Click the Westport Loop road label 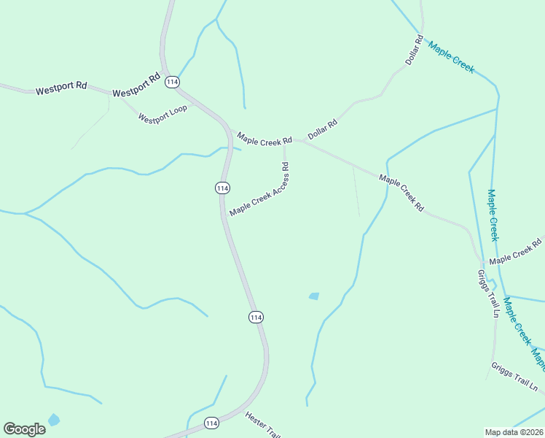coord(162,114)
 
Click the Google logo coord(24,429)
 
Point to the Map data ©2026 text coord(514,432)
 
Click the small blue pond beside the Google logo coord(53,420)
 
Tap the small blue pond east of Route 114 coord(314,296)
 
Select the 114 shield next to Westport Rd coord(172,82)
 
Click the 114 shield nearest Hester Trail coord(211,423)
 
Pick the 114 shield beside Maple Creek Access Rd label coord(223,188)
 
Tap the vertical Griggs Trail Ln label coord(487,293)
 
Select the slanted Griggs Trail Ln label coord(517,376)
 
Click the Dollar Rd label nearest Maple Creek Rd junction coord(323,129)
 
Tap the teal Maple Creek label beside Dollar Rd coord(451,58)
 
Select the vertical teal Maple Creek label coord(493,215)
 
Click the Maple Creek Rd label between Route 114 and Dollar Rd coord(264,138)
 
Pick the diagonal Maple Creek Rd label coord(401,193)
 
